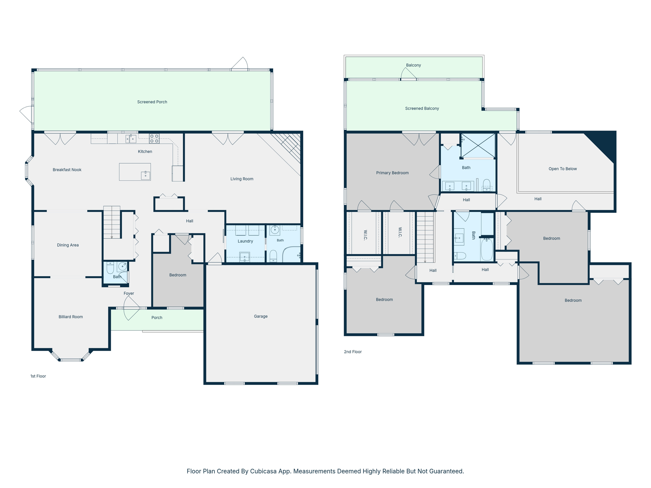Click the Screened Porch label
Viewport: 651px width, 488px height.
pyautogui.click(x=152, y=102)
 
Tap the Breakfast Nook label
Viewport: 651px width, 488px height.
pyautogui.click(x=67, y=170)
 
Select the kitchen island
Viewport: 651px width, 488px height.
pyautogui.click(x=135, y=172)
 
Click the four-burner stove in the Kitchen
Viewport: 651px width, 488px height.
pyautogui.click(x=154, y=139)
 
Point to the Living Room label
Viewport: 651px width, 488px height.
pyautogui.click(x=242, y=179)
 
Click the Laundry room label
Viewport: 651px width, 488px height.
pyautogui.click(x=245, y=241)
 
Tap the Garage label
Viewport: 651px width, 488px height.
pyautogui.click(x=261, y=316)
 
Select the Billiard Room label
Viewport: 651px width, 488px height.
pyautogui.click(x=71, y=317)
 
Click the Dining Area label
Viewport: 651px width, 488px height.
pyautogui.click(x=68, y=245)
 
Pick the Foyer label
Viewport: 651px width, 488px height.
pyautogui.click(x=129, y=293)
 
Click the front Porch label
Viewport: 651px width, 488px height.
pyautogui.click(x=157, y=317)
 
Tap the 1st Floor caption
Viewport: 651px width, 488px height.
pyautogui.click(x=38, y=376)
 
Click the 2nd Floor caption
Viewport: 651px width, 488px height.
pyautogui.click(x=353, y=352)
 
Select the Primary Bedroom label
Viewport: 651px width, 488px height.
pyautogui.click(x=392, y=173)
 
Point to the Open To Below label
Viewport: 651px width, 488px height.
pyautogui.click(x=563, y=169)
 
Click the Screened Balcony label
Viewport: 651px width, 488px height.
pyautogui.click(x=422, y=108)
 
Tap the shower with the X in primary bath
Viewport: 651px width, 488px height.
pyautogui.click(x=478, y=146)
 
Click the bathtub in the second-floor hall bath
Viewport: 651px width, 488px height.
pyautogui.click(x=487, y=249)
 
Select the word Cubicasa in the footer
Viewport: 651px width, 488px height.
pyautogui.click(x=263, y=471)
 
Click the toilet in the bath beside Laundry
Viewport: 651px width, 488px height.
pyautogui.click(x=273, y=256)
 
